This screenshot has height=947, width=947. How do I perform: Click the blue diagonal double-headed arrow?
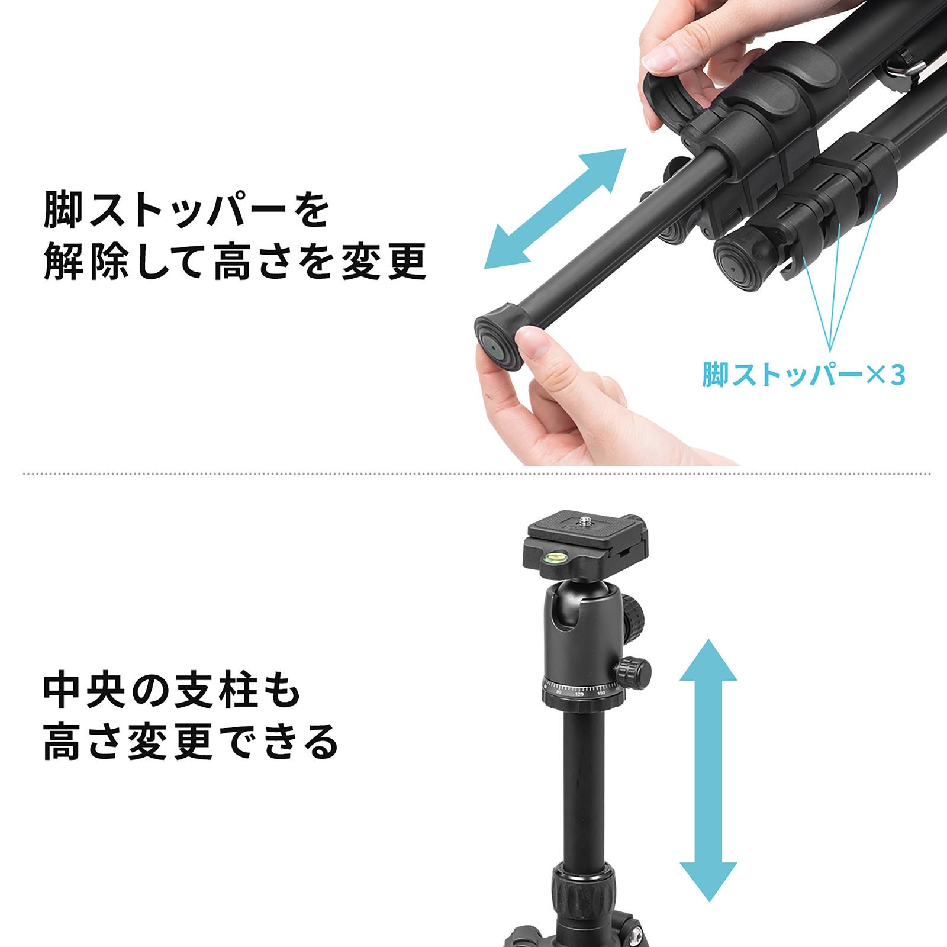[555, 209]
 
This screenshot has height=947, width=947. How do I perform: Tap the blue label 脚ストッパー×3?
[803, 375]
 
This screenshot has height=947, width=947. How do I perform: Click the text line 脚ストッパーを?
[186, 209]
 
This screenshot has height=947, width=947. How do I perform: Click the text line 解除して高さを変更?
[235, 261]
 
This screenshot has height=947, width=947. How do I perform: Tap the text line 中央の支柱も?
[173, 690]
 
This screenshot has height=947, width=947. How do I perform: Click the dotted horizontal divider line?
[476, 474]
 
